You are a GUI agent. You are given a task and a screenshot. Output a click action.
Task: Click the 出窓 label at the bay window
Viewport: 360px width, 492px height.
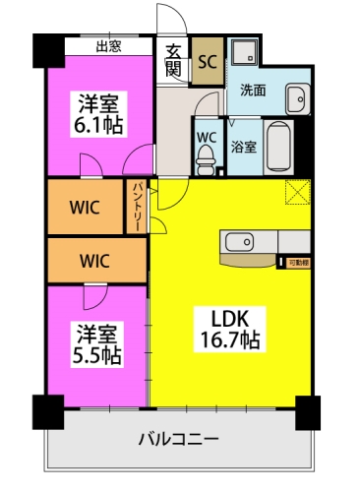point(109,45)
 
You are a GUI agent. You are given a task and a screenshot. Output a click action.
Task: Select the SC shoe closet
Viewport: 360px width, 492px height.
point(207,61)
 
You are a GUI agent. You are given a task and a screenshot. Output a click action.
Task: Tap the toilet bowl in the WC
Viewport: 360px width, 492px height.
point(206,152)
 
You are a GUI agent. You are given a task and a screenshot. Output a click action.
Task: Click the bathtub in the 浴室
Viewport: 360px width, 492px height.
point(278,144)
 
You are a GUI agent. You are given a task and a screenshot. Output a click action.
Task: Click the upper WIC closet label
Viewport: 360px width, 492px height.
point(83,208)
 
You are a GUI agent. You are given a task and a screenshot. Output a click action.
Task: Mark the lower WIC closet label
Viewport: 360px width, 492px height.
point(95,262)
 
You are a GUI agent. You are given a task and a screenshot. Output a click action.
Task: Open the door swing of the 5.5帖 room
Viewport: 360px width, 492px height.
point(95,297)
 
